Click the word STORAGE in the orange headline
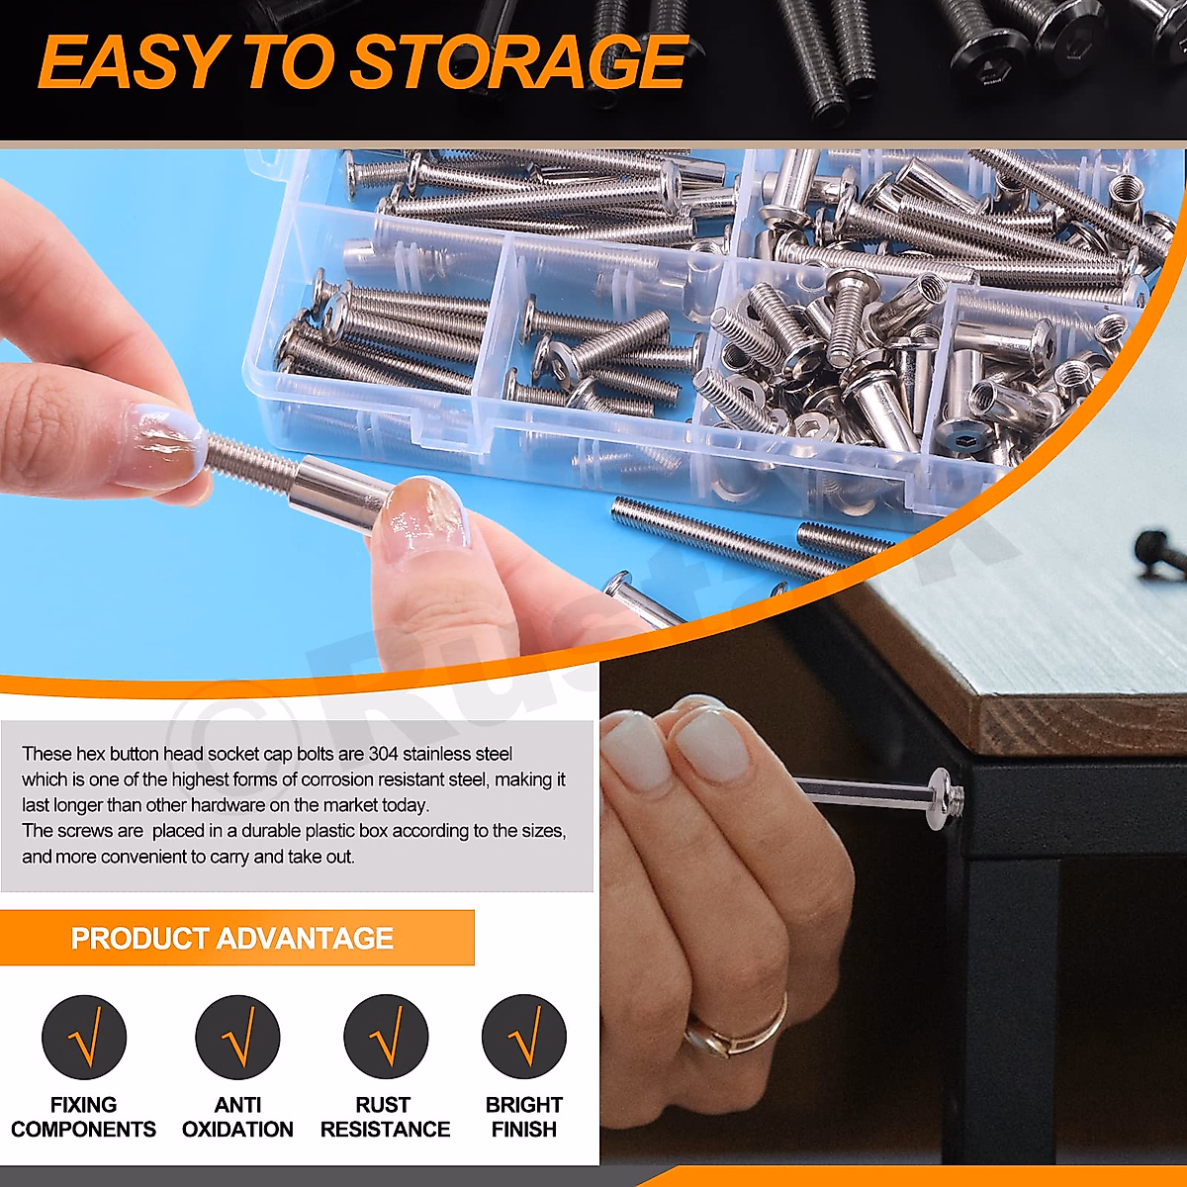click(x=518, y=63)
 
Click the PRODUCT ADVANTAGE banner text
click(x=232, y=938)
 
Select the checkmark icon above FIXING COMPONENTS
click(x=84, y=1038)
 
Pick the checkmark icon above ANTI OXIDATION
click(x=237, y=1038)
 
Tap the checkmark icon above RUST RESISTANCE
click(x=386, y=1038)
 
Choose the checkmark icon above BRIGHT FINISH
click(x=524, y=1038)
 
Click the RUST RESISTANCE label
click(x=385, y=1117)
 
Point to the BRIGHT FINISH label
click(x=524, y=1117)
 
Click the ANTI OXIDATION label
click(x=237, y=1117)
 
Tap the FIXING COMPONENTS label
click(x=84, y=1117)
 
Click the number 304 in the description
click(x=383, y=754)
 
